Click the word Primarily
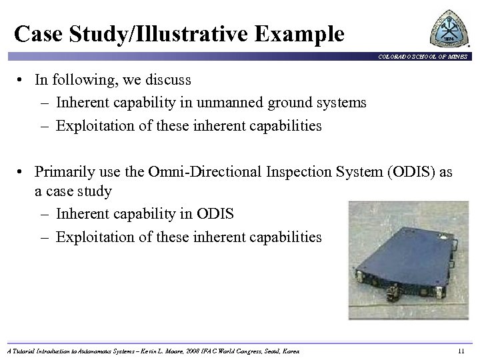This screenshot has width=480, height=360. click(65, 172)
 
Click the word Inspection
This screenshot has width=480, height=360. click(287, 172)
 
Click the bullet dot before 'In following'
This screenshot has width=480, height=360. click(23, 81)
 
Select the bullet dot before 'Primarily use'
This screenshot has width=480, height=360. click(23, 173)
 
